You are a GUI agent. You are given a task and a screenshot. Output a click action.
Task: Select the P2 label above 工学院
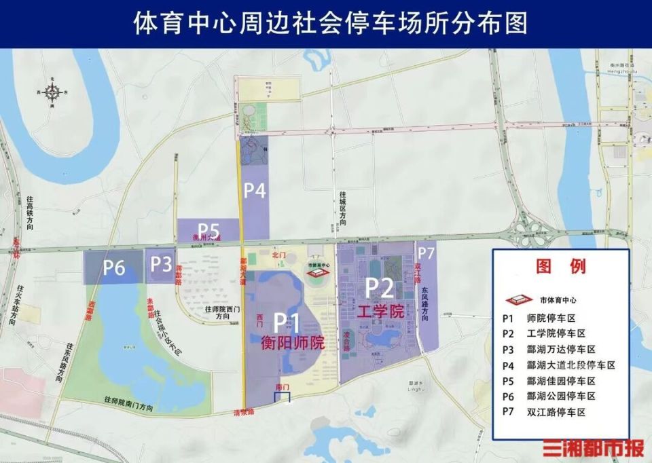380,289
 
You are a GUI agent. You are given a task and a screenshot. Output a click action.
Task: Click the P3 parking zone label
160,264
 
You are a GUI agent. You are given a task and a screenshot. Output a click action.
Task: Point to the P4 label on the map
254,191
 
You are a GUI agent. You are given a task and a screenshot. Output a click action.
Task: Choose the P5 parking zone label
208,229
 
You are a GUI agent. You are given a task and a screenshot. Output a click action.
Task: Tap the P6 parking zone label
114,268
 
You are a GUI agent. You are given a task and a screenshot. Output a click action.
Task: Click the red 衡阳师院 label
293,343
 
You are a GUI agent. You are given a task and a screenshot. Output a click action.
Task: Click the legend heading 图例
560,265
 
